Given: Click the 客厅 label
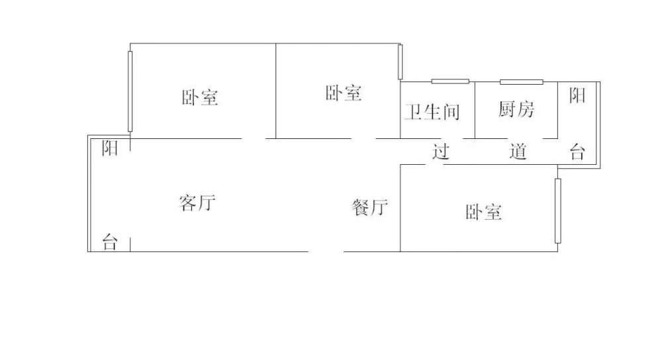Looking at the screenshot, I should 197,202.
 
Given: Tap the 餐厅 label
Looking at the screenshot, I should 369,208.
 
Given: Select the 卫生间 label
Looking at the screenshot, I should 432,112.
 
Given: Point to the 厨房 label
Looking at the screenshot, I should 516,109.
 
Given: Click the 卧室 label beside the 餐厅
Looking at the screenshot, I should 484,212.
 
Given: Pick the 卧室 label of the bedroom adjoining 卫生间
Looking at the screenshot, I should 344,93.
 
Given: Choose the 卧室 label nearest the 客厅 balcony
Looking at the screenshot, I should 200,98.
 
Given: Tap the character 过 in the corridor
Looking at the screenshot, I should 441,152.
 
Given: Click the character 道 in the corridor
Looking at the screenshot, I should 518,152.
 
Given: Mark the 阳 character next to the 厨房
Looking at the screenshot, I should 577,96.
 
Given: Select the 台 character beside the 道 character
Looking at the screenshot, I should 577,154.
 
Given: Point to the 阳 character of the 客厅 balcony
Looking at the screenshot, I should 110,148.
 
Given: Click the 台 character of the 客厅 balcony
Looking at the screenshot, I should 110,242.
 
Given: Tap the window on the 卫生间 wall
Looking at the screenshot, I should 450,81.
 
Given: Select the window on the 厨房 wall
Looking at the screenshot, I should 521,81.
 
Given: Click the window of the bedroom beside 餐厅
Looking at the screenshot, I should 557,210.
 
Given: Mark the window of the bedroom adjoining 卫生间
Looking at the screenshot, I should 400,61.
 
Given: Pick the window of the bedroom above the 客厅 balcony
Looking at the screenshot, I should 130,91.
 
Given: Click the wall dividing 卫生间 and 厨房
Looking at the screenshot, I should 475,109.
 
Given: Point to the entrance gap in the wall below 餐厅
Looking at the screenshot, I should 326,251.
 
